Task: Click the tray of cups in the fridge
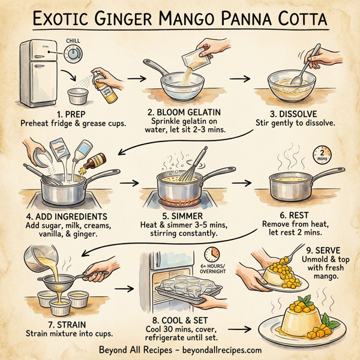click(179, 292)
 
